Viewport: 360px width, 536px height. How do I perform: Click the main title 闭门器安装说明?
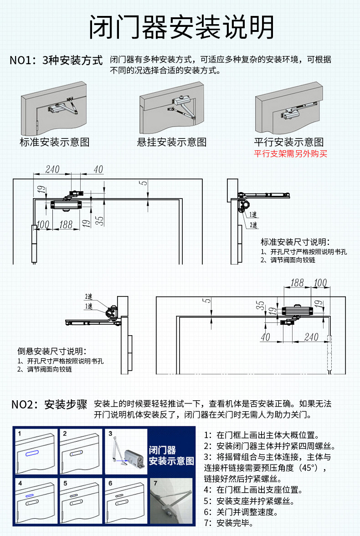tap(181, 27)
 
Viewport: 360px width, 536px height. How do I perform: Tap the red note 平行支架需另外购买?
tap(291, 153)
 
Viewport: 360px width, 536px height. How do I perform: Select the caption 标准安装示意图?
tap(54, 142)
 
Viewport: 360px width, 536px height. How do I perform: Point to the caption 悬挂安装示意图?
tap(172, 142)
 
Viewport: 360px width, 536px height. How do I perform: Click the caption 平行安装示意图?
tap(289, 142)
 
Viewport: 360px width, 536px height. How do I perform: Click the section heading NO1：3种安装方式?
tap(57, 61)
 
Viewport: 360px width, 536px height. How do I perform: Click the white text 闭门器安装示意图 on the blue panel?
tap(171, 455)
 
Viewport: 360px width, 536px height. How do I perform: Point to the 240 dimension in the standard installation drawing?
tap(53, 169)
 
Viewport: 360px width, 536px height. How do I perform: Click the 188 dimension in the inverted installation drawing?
tap(297, 282)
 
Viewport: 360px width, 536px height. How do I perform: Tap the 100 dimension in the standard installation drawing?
tap(43, 224)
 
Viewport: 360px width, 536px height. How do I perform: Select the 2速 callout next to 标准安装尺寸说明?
tap(253, 225)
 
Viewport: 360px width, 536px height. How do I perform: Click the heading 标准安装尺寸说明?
tap(295, 241)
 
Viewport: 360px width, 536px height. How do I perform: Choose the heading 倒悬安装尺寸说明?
tap(51, 351)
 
